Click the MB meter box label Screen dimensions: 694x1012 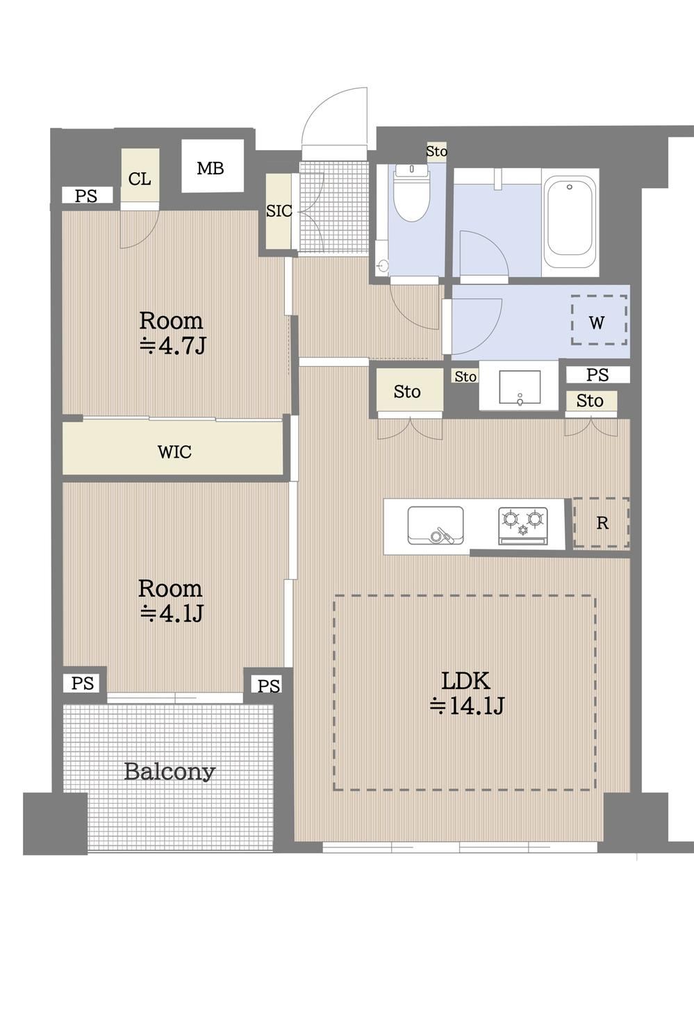pos(210,169)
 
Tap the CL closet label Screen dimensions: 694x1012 pos(140,179)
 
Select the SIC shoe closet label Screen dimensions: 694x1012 pos(279,211)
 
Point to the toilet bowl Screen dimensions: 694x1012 pos(412,193)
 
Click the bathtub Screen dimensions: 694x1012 pos(569,224)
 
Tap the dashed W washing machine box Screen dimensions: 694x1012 pos(599,320)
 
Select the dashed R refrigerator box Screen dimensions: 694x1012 pos(602,523)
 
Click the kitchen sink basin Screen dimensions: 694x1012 pos(436,525)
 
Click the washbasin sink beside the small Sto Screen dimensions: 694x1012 pos(520,387)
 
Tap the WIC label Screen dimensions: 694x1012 pos(174,451)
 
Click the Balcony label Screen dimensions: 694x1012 pos(170,772)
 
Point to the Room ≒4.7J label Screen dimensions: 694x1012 pos(171,333)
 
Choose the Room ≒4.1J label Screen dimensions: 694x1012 pos(171,601)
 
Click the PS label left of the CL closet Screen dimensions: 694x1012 pos(86,196)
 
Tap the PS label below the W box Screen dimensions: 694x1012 pos(597,374)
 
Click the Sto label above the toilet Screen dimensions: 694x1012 pos(436,151)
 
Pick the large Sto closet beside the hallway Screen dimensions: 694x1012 pos(407,392)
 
